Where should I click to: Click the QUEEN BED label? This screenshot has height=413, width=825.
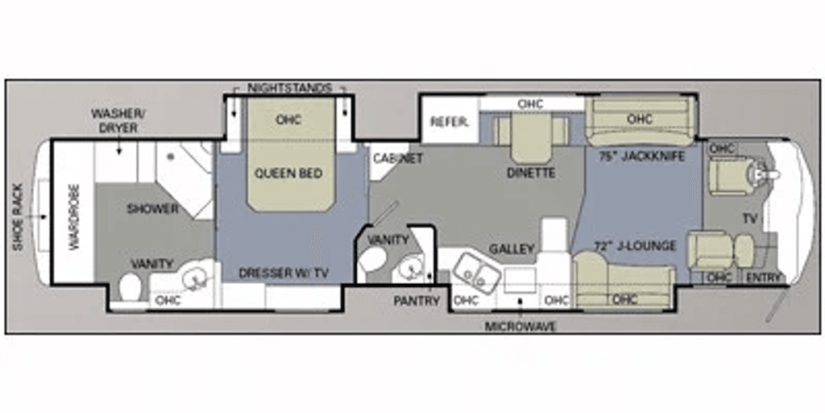point(288,173)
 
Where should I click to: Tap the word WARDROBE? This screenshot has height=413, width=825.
point(73,217)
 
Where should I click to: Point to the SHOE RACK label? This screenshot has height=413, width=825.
point(18,216)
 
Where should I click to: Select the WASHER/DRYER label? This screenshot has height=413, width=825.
point(119,121)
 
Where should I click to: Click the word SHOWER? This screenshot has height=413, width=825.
point(152,209)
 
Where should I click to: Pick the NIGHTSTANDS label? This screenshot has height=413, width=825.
point(289,88)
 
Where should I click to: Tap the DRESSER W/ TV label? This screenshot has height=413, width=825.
point(284,273)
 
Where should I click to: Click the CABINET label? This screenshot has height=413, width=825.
point(398,158)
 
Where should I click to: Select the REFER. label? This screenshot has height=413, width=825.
point(450,122)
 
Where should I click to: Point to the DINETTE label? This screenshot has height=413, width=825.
point(531,173)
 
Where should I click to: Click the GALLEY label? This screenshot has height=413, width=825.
point(512,248)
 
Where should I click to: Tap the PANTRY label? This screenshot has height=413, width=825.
point(417,301)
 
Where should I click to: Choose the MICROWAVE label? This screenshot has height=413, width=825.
point(520,327)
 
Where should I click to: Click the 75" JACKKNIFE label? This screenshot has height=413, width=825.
point(641,156)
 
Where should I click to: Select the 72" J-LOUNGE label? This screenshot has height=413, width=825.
point(635,246)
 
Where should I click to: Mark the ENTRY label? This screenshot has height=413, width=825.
point(764,277)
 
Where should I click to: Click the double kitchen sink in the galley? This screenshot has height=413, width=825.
point(472,271)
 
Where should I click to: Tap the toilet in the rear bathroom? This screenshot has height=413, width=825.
point(130,288)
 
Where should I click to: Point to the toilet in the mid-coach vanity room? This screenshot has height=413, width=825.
point(373,259)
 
